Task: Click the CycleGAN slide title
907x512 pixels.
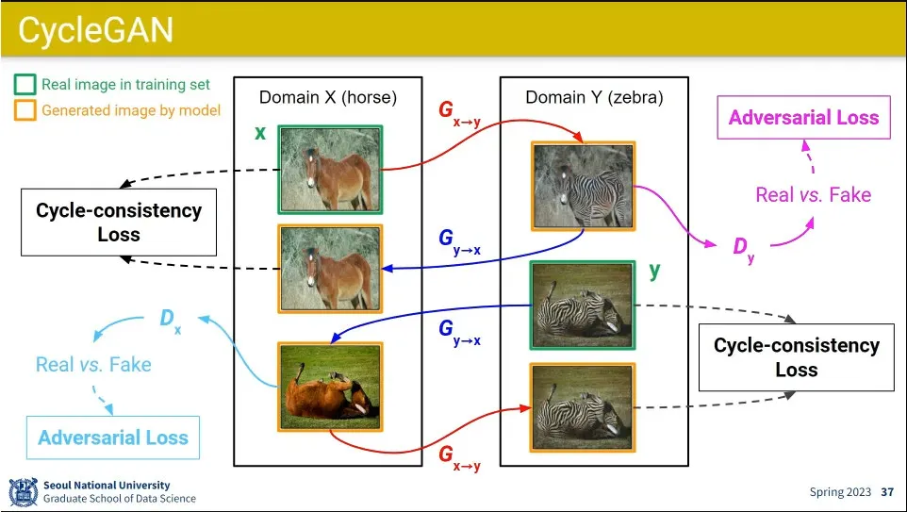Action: coord(96,29)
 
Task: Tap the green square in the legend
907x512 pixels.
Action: coord(25,85)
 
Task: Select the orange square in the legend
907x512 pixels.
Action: coord(25,110)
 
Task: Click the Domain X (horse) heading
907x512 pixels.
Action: coord(328,97)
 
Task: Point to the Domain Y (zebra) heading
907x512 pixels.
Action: coord(594,97)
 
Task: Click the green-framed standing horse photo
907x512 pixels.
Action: coord(330,169)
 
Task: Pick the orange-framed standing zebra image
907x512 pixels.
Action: coord(583,186)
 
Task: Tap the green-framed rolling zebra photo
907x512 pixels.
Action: coord(583,306)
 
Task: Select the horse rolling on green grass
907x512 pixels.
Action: coord(330,387)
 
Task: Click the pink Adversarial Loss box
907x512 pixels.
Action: coord(803,118)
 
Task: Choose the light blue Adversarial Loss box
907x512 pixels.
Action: coord(113,438)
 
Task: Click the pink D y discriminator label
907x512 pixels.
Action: coord(743,249)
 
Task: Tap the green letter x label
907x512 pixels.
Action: coord(260,133)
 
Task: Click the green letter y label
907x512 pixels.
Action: coord(654,271)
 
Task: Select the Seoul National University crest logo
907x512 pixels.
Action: coord(24,492)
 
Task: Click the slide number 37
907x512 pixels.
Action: coord(887,492)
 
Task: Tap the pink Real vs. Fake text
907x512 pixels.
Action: coord(814,194)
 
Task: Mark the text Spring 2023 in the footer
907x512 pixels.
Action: coord(840,492)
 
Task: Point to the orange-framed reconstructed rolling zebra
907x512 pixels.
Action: coord(583,407)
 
